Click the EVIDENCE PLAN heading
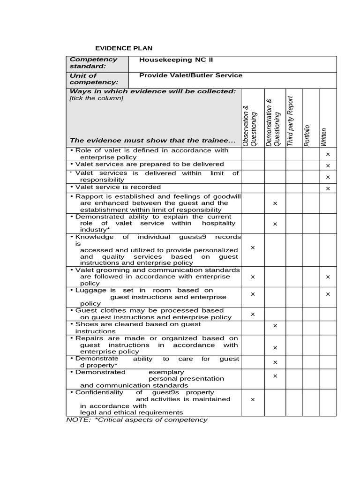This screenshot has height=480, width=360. click(x=124, y=48)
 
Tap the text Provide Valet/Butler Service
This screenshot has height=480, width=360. click(x=191, y=75)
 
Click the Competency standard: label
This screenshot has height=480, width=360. click(x=94, y=63)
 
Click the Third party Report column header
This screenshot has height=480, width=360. click(x=290, y=121)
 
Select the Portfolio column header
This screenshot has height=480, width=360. click(x=307, y=135)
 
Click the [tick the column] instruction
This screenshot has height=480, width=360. click(x=96, y=98)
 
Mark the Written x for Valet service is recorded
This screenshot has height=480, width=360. click(x=328, y=188)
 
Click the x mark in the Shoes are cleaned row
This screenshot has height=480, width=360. click(x=275, y=325)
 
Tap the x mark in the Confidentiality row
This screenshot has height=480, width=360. click(x=253, y=399)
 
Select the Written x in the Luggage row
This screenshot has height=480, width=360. click(x=328, y=294)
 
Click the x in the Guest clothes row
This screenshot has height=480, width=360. click(x=253, y=314)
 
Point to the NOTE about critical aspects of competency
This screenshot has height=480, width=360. click(x=136, y=420)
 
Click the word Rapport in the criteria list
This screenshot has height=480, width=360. click(x=88, y=196)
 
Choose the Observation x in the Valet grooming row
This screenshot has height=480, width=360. click(x=253, y=277)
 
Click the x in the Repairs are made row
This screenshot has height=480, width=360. click(x=275, y=347)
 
